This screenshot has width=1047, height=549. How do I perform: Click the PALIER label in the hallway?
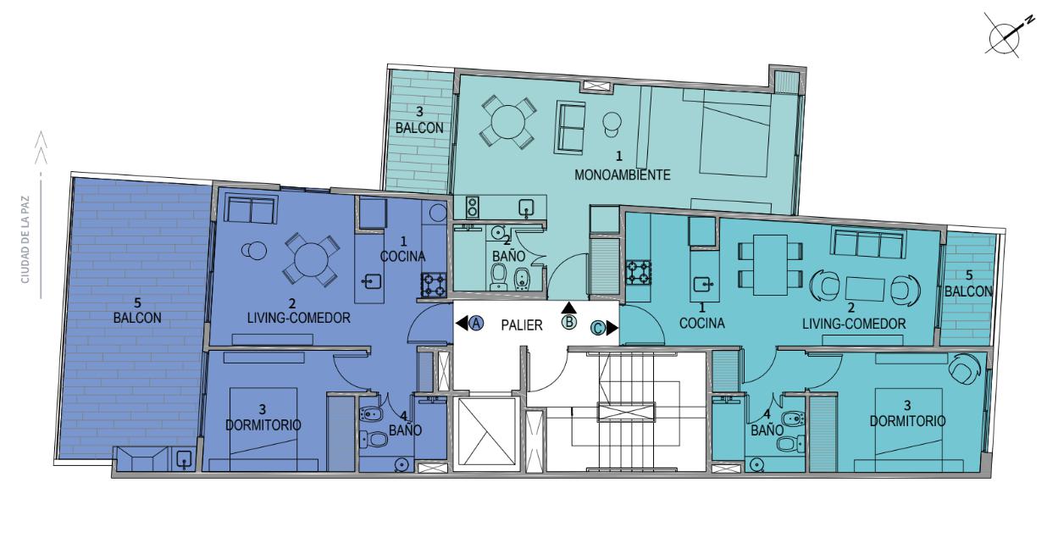coord(522,325)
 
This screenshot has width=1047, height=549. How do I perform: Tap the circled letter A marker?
coord(476,323)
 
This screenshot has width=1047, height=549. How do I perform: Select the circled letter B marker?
coord(569,322)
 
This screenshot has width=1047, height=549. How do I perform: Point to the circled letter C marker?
coord(598,328)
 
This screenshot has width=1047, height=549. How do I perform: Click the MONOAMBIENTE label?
coord(622,175)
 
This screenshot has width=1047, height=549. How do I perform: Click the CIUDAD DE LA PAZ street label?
coord(25,240)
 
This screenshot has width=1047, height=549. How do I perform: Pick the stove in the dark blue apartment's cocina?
coord(434,285)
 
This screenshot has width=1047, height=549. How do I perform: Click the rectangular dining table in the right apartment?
coord(770,264)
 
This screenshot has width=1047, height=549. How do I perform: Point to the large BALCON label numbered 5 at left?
coord(137,311)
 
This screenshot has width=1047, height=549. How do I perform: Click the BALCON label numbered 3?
coord(419,120)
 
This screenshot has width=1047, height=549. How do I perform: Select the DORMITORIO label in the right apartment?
coord(907,413)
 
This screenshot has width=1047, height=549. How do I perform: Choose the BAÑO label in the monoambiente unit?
coord(508,256)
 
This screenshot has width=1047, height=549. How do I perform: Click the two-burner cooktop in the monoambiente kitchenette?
coord(472,207)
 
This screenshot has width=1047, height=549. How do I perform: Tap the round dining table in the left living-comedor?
coord(310,258)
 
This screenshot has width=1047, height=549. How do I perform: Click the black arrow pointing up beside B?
coord(569,308)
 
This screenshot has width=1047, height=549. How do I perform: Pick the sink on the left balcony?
coord(184,460)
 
